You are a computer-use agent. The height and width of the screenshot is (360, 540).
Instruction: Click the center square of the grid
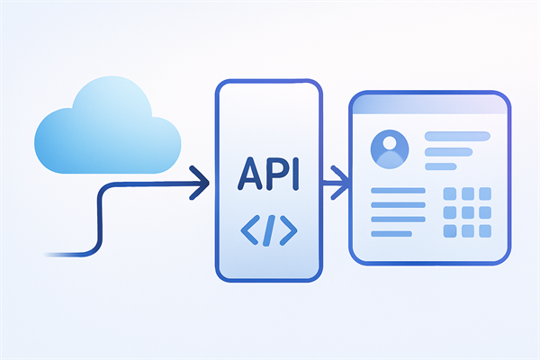(467, 212)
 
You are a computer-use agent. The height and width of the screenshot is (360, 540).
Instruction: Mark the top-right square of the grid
(485, 194)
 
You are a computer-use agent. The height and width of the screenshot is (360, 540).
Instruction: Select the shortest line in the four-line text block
(391, 233)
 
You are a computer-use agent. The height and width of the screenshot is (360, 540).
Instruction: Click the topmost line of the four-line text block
(397, 191)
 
